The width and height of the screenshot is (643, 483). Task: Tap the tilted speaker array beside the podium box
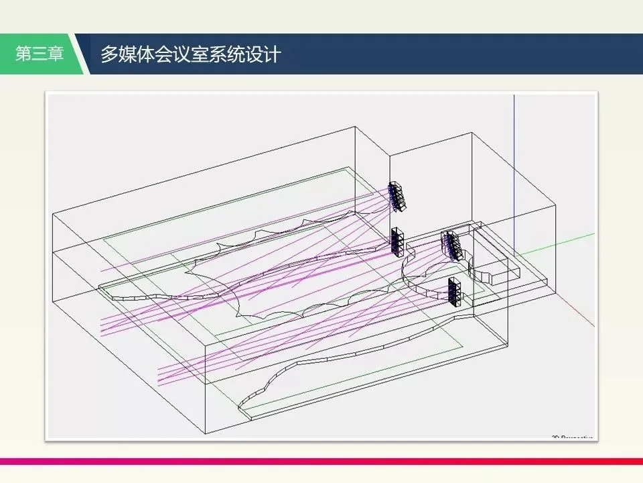452,245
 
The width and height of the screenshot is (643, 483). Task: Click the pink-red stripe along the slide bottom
321,461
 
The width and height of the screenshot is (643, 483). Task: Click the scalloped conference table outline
281,268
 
